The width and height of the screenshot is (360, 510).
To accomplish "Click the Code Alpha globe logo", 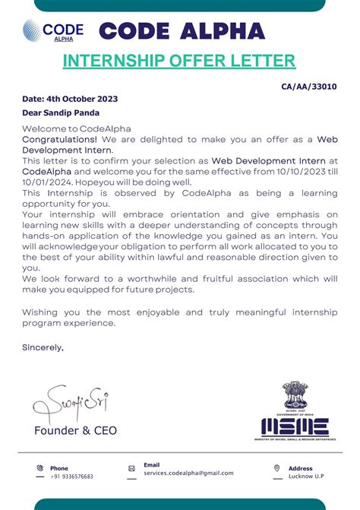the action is (33, 31).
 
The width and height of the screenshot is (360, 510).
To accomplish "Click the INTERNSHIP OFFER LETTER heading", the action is (178, 61).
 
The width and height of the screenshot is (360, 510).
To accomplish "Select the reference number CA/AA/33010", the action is (309, 87).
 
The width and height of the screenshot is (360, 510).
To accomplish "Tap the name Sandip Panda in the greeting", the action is (73, 112).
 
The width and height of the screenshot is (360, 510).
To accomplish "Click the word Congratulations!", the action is (59, 140).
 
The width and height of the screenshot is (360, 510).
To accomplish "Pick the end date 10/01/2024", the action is (46, 183).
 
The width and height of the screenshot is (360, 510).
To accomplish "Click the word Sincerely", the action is (43, 347).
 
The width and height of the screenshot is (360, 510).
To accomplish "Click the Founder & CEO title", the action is (76, 431).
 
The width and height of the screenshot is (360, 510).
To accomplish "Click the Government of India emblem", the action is (294, 396).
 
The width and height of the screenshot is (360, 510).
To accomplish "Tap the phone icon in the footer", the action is (40, 468).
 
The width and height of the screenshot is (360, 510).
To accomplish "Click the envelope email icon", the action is (131, 469).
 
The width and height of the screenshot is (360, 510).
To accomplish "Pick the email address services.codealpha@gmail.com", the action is (188, 473).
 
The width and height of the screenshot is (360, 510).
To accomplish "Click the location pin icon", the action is (276, 468).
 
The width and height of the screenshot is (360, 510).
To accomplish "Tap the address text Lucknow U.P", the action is (306, 477).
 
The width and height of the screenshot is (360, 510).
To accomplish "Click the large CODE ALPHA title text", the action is (182, 31).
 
